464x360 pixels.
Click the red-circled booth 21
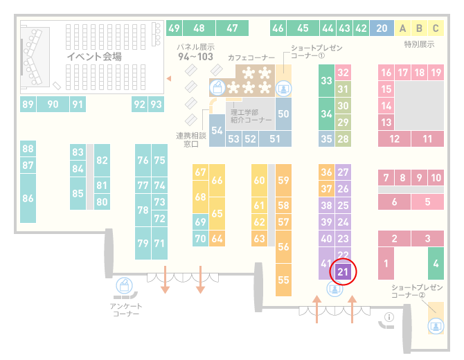[x=343, y=271]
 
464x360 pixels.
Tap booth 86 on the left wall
[x=28, y=198]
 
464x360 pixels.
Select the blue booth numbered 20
[x=382, y=28]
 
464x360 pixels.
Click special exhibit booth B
[x=419, y=28]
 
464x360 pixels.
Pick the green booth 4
[x=436, y=263]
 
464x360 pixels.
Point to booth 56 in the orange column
[x=283, y=246]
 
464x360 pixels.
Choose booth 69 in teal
[x=200, y=222]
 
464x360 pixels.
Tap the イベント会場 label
[x=94, y=56]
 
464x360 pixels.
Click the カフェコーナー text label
[x=251, y=57]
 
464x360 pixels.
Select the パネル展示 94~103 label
[x=195, y=52]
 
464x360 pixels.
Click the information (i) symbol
[x=389, y=317]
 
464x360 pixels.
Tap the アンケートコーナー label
[x=126, y=309]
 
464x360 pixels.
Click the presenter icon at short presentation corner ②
[x=436, y=326]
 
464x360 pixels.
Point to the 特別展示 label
[x=419, y=44]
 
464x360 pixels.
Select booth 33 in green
[x=326, y=80]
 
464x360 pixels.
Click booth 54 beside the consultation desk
[x=217, y=130]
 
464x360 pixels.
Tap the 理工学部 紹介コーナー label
[x=251, y=116]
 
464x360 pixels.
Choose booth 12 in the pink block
[x=394, y=138]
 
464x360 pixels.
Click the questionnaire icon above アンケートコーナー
[x=124, y=285]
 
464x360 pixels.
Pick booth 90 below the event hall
[x=53, y=104]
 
